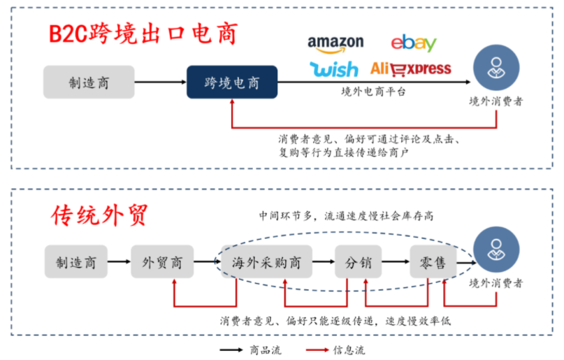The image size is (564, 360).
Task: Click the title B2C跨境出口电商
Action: tap(143, 33)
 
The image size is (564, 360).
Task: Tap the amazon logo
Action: tap(335, 43)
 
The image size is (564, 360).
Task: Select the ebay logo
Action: tap(414, 43)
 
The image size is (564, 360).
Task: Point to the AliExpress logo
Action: tap(410, 69)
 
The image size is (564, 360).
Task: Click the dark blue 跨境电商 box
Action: tap(231, 82)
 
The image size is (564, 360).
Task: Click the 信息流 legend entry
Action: tap(335, 350)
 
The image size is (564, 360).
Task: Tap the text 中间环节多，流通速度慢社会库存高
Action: tap(345, 216)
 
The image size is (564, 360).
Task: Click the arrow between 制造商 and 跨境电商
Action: tap(160, 82)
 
